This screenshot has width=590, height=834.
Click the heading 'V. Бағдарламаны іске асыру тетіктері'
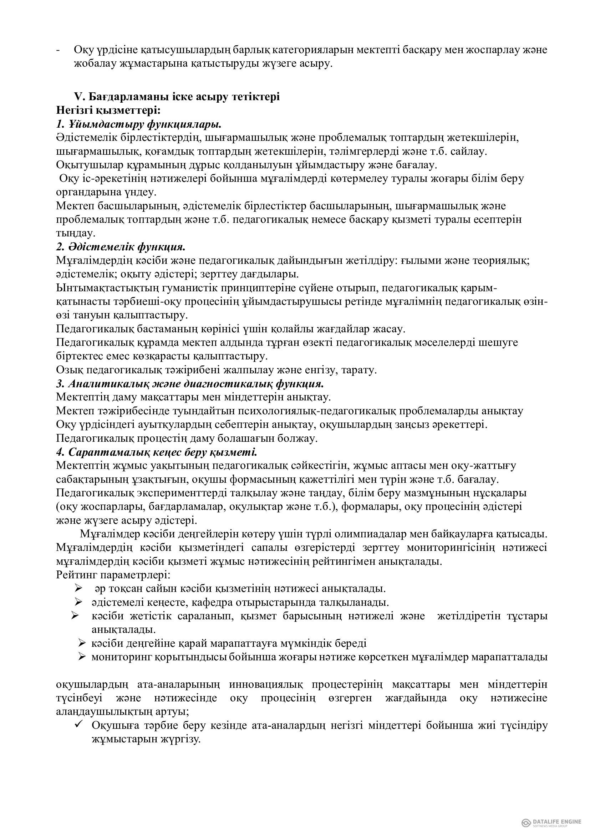(x=177, y=97)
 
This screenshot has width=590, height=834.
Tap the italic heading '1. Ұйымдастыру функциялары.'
(x=139, y=124)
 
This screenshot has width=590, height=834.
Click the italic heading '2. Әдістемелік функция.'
(x=121, y=247)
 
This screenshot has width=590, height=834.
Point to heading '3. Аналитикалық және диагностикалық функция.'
(x=190, y=384)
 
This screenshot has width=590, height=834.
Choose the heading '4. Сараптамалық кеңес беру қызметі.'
(x=157, y=452)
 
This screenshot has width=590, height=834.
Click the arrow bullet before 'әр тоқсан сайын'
(x=78, y=588)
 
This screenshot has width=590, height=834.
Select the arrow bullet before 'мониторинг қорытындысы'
(x=82, y=657)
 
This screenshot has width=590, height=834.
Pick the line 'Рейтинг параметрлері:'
(x=113, y=575)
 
